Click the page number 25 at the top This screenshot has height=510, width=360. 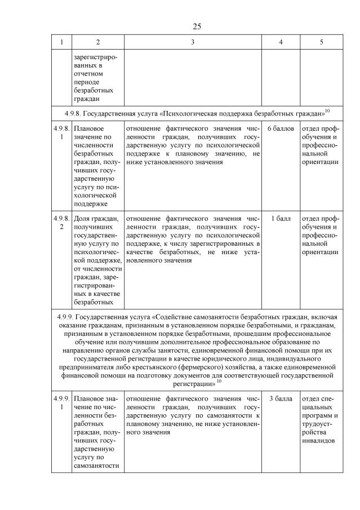point(197,26)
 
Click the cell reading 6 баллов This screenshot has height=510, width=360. point(281,129)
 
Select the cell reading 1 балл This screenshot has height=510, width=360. point(281,218)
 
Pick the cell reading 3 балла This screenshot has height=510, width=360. point(281,399)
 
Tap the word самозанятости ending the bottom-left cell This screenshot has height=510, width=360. point(96,465)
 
